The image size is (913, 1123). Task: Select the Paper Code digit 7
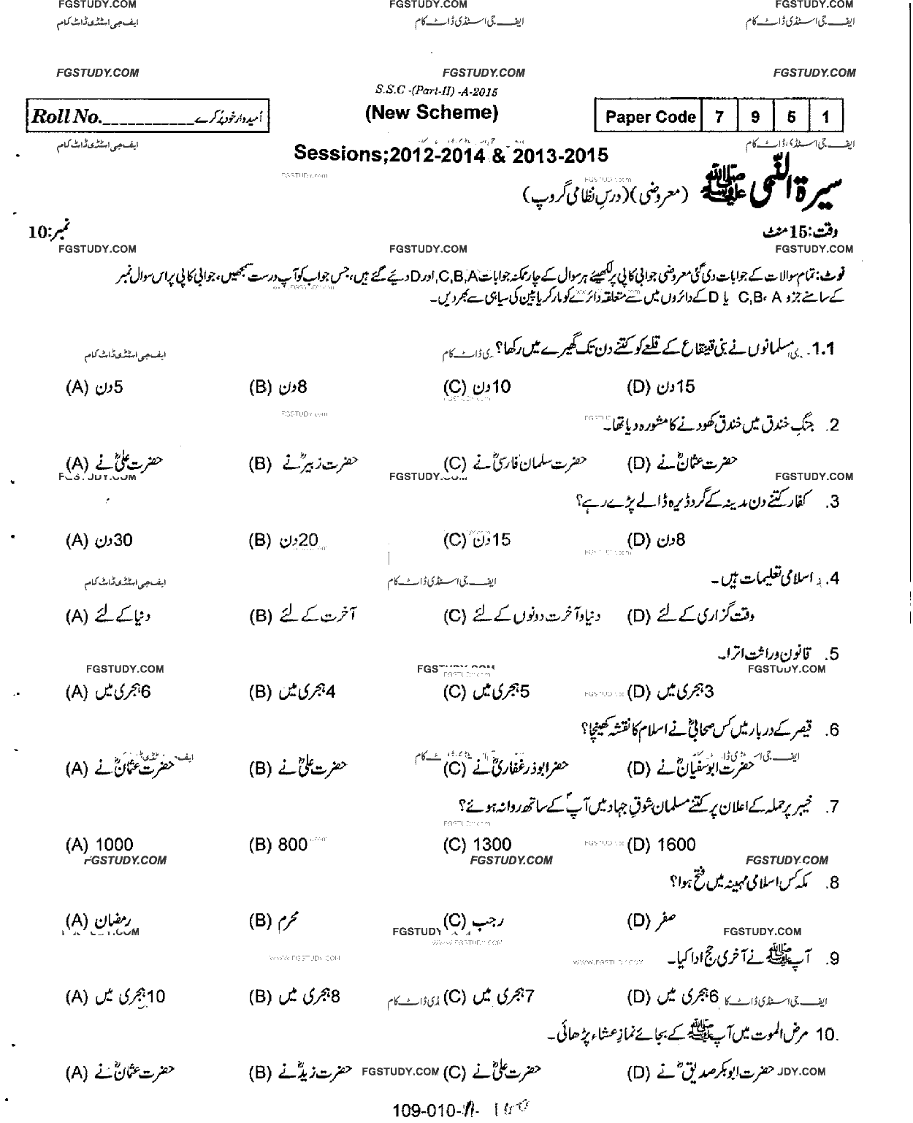(x=719, y=117)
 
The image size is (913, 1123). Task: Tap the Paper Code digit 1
(x=825, y=117)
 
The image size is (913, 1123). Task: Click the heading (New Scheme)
(x=431, y=113)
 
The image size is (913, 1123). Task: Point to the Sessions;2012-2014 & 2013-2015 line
(x=451, y=155)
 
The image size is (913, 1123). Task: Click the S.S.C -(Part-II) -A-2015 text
(x=436, y=91)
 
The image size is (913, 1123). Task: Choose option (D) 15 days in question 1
(x=661, y=387)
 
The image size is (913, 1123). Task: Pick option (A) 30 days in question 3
(x=99, y=541)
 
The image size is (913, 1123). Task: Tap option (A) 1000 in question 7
(x=99, y=845)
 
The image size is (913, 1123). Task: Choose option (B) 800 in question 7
(x=278, y=845)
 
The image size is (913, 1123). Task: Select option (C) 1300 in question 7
(x=477, y=845)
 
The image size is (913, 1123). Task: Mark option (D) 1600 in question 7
(x=662, y=845)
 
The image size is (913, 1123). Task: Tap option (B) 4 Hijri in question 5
(x=292, y=691)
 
